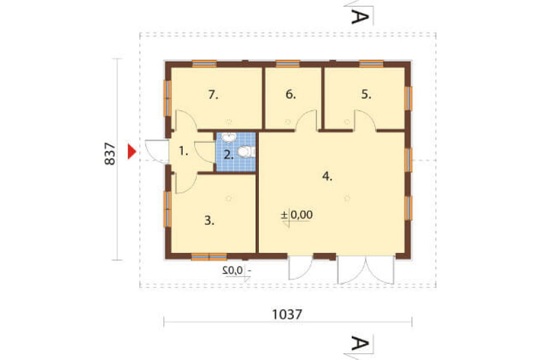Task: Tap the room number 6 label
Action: coord(291,94)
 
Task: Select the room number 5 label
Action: coord(366,94)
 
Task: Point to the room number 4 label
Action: coord(327,176)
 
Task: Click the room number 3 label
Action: coord(209,220)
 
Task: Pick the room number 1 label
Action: coord(183,151)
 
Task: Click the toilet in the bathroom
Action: coord(246,151)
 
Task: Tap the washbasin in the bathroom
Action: coord(228,138)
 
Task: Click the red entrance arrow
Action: coord(132,151)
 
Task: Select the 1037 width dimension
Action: coord(287,314)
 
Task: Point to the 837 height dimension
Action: coord(110,154)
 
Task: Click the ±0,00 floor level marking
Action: coord(297,215)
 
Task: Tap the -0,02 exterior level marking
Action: coord(237,270)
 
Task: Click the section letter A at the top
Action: coord(360,16)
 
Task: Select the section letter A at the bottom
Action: coord(360,343)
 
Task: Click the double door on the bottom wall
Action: coord(366,270)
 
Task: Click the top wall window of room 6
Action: coord(288,64)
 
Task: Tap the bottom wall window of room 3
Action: coord(209,257)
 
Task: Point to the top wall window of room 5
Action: coord(371,64)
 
